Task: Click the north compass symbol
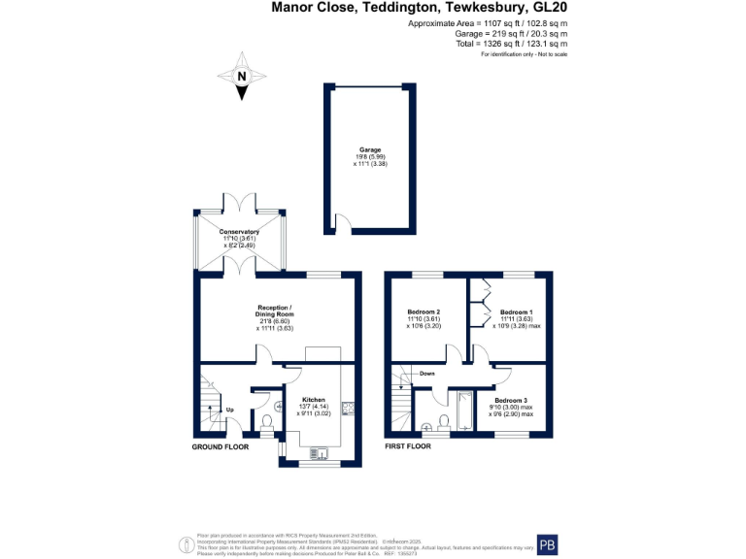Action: pyautogui.click(x=242, y=78)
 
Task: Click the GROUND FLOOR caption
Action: pyautogui.click(x=219, y=447)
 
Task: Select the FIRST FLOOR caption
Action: pyautogui.click(x=407, y=447)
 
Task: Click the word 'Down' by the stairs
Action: pyautogui.click(x=426, y=373)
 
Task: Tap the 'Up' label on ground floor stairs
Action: pyautogui.click(x=229, y=409)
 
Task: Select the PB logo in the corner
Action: pyautogui.click(x=549, y=544)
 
